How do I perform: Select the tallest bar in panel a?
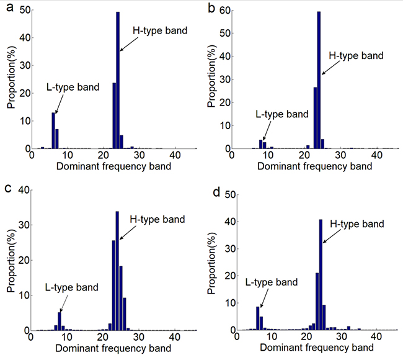coord(118,80)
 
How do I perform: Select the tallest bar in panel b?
coord(319,80)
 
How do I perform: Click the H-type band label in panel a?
coord(161,30)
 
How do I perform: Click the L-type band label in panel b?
coord(281,114)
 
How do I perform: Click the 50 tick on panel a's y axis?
coord(23,11)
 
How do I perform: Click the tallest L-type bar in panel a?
coord(53,130)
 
